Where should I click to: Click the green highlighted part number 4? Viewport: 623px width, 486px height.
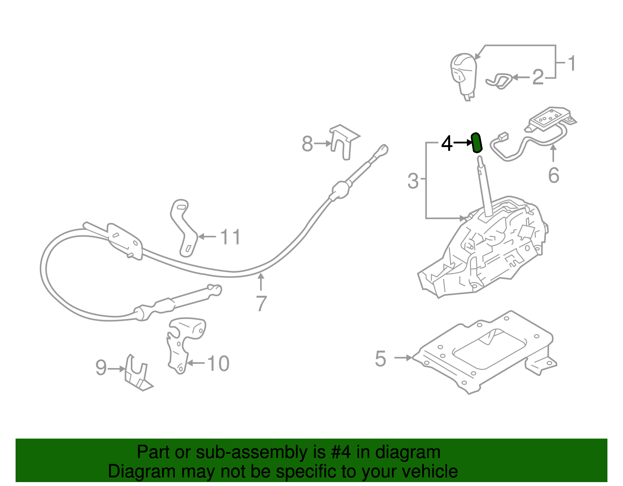pos(477,143)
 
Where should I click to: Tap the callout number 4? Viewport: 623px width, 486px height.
pos(447,143)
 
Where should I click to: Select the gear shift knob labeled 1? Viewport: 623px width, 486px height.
pos(464,74)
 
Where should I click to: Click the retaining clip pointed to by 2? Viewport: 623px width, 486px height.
pos(499,81)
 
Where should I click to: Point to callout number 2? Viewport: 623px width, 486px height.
pos(538,77)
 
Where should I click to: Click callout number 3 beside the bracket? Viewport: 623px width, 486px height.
pos(413,181)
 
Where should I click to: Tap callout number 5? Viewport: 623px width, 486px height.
pos(380,358)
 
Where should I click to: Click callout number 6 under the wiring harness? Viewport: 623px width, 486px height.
pos(553,175)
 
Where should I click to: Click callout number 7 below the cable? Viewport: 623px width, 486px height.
pos(261,304)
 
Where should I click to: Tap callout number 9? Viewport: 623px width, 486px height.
pos(101,368)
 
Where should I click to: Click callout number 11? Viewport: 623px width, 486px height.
pos(231,237)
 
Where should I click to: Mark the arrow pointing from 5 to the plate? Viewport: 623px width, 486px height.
pos(403,358)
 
